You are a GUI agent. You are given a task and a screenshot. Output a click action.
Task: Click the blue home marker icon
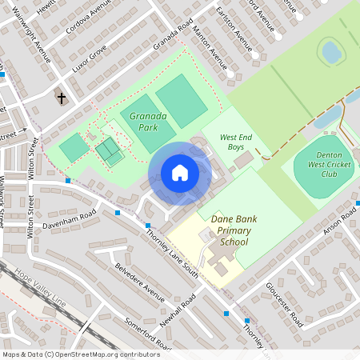click(179, 173)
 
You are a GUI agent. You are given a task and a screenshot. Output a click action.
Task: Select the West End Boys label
click(235, 142)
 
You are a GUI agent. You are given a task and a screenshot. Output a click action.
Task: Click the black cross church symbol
click(62, 98)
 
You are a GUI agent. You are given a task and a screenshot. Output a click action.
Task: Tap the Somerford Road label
click(147, 334)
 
